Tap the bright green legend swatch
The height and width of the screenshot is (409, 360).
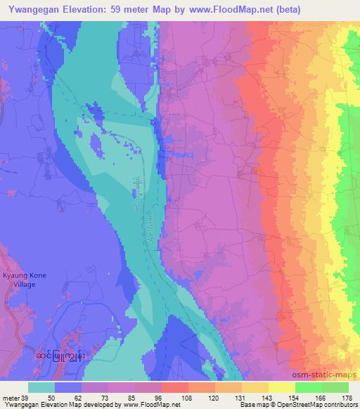pos(322,387)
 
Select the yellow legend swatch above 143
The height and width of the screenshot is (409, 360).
pos(257,387)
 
